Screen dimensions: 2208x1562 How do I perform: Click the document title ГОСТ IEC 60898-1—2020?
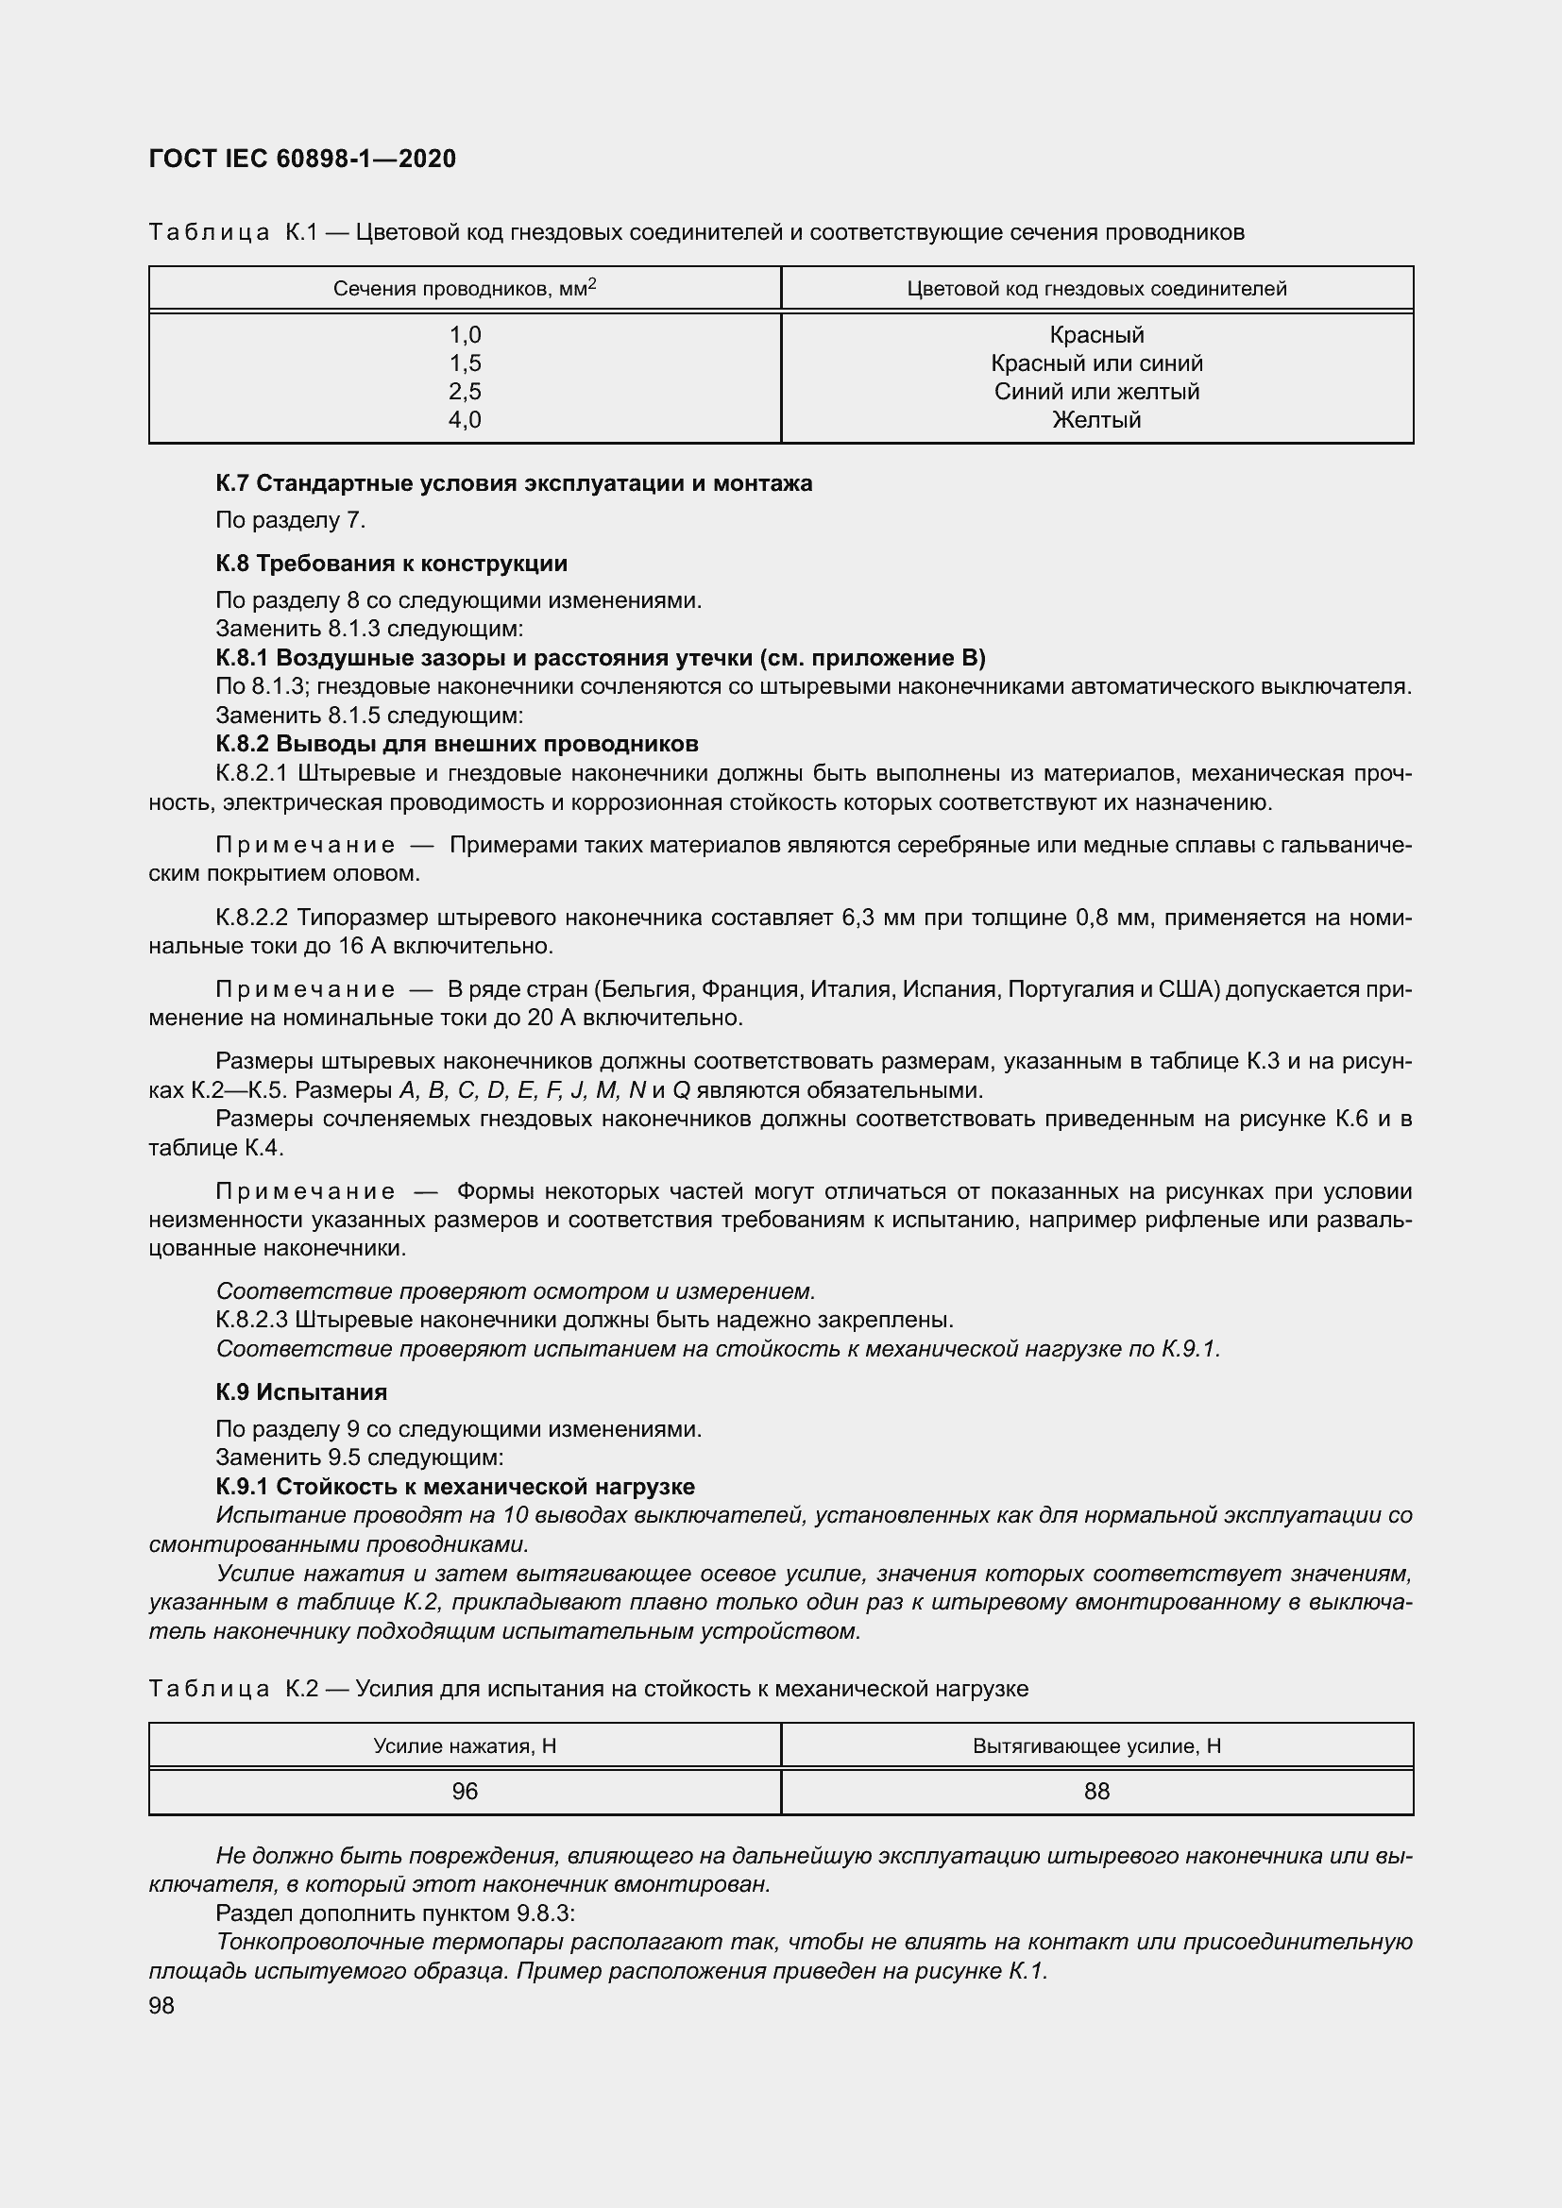302,159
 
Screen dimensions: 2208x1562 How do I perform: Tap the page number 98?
161,2006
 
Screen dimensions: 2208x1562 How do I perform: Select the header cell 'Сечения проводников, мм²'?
465,289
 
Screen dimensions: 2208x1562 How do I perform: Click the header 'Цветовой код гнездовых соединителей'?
1096,289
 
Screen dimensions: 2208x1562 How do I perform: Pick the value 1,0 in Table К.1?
465,335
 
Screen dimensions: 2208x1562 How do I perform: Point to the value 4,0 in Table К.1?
465,419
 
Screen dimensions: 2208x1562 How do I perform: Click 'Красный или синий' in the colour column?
1096,363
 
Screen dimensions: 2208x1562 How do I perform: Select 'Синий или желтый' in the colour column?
1096,392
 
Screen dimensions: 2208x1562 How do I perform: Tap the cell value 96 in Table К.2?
465,1791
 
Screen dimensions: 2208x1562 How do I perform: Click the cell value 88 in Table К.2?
1096,1791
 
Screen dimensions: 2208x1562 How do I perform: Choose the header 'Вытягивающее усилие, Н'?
1096,1745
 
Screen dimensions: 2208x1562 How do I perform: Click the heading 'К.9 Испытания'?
301,1391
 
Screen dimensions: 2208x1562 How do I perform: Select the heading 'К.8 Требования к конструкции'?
392,563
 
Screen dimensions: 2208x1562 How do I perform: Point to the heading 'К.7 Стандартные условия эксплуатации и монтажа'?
514,482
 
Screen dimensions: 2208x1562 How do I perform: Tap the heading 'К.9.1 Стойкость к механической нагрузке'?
455,1486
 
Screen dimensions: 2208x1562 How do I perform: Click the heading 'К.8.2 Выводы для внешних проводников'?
457,743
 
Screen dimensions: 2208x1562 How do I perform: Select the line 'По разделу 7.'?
291,520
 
